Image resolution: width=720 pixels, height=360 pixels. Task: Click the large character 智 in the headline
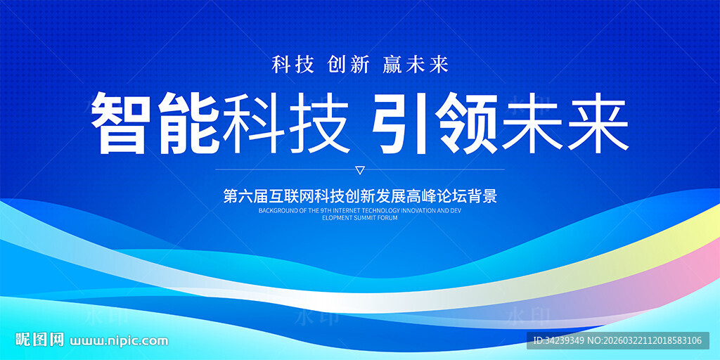pos(120,122)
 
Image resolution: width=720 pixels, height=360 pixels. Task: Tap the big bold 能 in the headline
pos(187,122)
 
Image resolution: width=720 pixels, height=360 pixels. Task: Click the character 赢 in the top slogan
pos(393,64)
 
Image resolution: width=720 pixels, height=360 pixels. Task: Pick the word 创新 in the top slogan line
pos(349,64)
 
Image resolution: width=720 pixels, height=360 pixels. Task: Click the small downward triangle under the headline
pos(361,171)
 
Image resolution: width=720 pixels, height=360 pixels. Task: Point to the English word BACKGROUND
pos(275,211)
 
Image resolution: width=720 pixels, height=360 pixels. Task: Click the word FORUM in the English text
pos(388,218)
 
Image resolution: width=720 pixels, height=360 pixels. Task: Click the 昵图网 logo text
pos(40,340)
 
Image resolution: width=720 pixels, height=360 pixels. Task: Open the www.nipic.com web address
pos(119,341)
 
